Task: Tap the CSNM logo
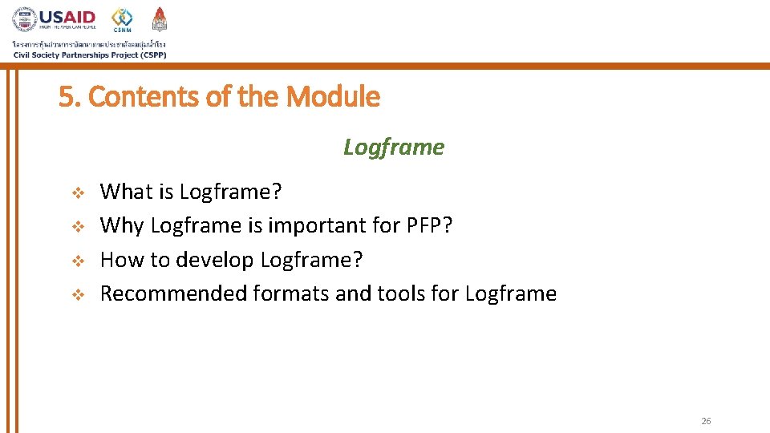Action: pos(123,19)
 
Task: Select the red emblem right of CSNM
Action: pos(160,19)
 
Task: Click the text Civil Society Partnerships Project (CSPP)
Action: pos(90,55)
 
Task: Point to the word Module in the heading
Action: pos(333,97)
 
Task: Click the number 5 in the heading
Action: pos(65,97)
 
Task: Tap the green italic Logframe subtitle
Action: pos(393,147)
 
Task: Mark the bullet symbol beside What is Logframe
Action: pos(78,192)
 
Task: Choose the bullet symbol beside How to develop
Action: pos(78,261)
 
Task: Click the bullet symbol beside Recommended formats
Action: pos(78,294)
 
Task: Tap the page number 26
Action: pos(706,421)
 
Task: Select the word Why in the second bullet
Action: pos(122,225)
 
